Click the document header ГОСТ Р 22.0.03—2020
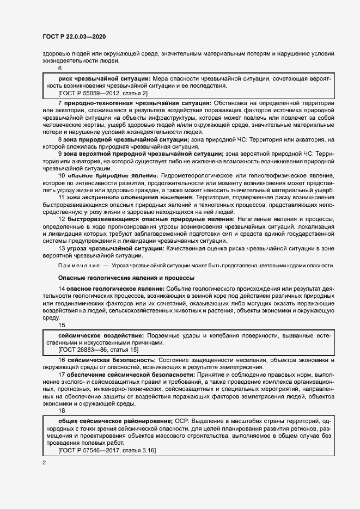(x=74, y=36)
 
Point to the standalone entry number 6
(x=60, y=68)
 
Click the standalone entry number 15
(x=62, y=326)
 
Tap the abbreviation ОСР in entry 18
(x=183, y=422)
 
